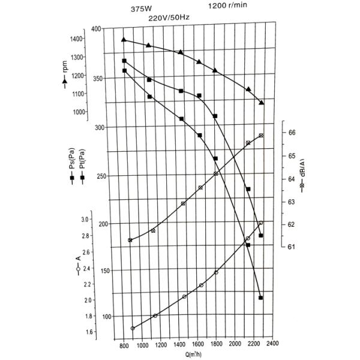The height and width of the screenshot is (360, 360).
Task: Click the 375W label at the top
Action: (x=141, y=10)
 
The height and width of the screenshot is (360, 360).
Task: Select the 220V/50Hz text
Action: (x=169, y=19)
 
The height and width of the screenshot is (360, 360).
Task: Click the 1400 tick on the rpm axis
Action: (x=76, y=40)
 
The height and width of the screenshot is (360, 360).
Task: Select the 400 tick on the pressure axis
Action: (x=97, y=29)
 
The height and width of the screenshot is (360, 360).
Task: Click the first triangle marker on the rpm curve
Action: (x=124, y=40)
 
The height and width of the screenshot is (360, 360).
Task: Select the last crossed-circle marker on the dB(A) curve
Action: (x=261, y=136)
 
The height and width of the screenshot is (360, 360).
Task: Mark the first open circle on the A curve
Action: (x=133, y=328)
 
